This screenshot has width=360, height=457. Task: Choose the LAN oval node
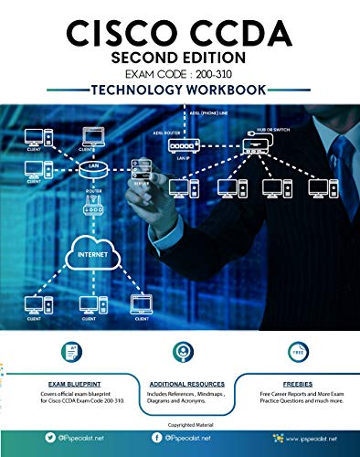click(x=93, y=166)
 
